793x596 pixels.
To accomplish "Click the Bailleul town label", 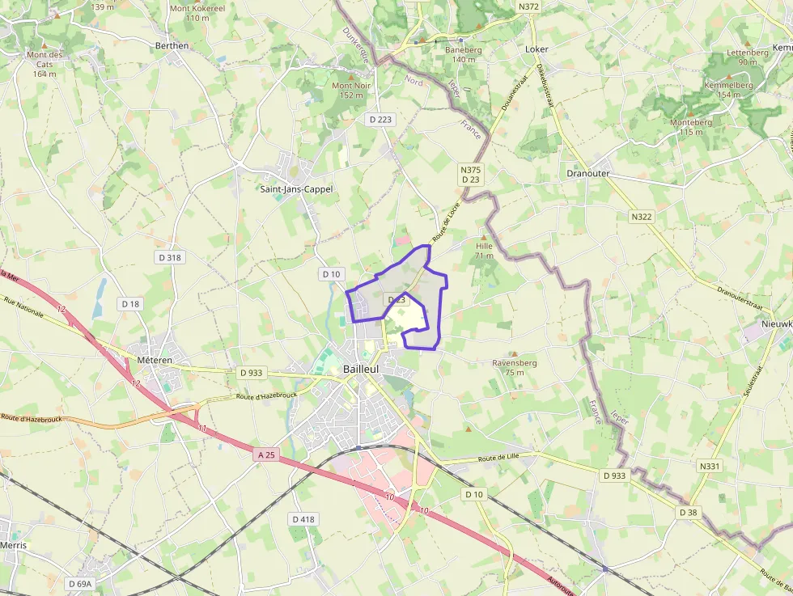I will click(x=361, y=369).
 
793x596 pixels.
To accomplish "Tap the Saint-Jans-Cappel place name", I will click(x=295, y=189).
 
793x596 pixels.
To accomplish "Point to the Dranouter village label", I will click(x=588, y=174).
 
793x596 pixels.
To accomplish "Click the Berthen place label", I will click(x=172, y=46).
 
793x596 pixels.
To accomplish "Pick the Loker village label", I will click(x=536, y=49).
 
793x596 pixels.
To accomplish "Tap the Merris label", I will click(x=13, y=545).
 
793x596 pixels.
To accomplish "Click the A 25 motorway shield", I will click(x=266, y=455).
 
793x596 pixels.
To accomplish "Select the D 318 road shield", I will click(x=169, y=257).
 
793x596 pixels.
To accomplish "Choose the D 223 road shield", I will click(x=380, y=120).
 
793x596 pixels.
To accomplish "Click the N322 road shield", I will click(x=642, y=217).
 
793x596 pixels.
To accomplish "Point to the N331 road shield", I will click(x=709, y=467).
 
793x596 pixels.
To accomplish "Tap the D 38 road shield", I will click(x=689, y=513).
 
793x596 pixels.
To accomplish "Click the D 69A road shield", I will click(x=80, y=583).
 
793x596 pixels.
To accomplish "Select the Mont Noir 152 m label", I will click(x=351, y=90).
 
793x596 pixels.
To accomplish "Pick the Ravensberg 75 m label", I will click(x=515, y=368).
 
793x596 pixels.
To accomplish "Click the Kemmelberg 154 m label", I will click(x=728, y=89).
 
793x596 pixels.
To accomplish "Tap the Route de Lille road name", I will click(x=498, y=459).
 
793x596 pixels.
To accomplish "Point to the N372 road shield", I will click(x=528, y=6).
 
